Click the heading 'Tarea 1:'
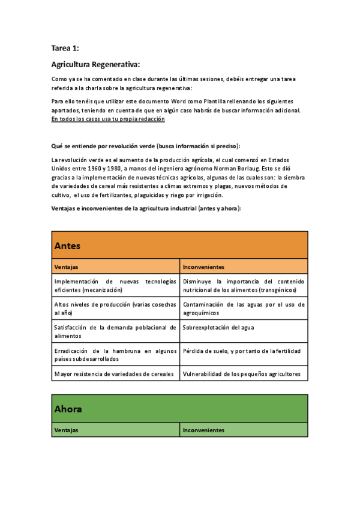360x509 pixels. (65, 48)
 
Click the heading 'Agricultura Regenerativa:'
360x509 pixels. (96, 64)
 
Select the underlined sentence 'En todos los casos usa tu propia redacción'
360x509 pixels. (109, 119)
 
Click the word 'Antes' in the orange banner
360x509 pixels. (67, 246)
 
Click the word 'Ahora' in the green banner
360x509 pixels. (68, 409)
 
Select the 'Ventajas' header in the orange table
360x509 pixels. (66, 267)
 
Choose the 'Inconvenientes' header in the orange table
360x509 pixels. (203, 267)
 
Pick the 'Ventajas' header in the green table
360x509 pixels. (66, 430)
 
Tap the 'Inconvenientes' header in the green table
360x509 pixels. (203, 430)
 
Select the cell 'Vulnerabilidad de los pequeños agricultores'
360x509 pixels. (241, 374)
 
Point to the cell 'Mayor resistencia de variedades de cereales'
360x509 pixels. (114, 374)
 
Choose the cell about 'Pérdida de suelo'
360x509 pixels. (241, 351)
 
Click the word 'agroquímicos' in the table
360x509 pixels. (201, 313)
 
